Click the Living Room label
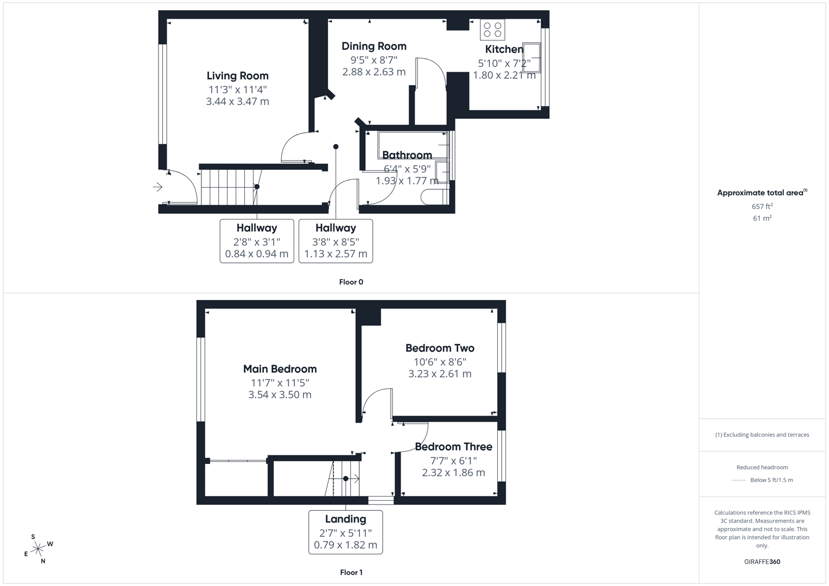click(x=237, y=76)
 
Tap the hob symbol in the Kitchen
click(x=492, y=29)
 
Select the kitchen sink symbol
click(x=531, y=57)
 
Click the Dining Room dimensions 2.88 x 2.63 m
click(x=374, y=72)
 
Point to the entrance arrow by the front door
click(x=157, y=187)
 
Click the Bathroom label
click(x=407, y=155)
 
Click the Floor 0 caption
click(x=351, y=282)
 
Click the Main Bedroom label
click(x=280, y=369)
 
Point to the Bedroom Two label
click(x=440, y=348)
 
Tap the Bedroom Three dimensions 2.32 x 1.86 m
click(x=453, y=473)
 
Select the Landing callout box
click(x=345, y=532)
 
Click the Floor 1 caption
click(x=351, y=572)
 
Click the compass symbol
click(x=38, y=549)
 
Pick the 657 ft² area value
click(x=762, y=206)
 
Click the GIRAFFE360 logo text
click(x=762, y=562)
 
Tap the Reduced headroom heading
click(x=762, y=467)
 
